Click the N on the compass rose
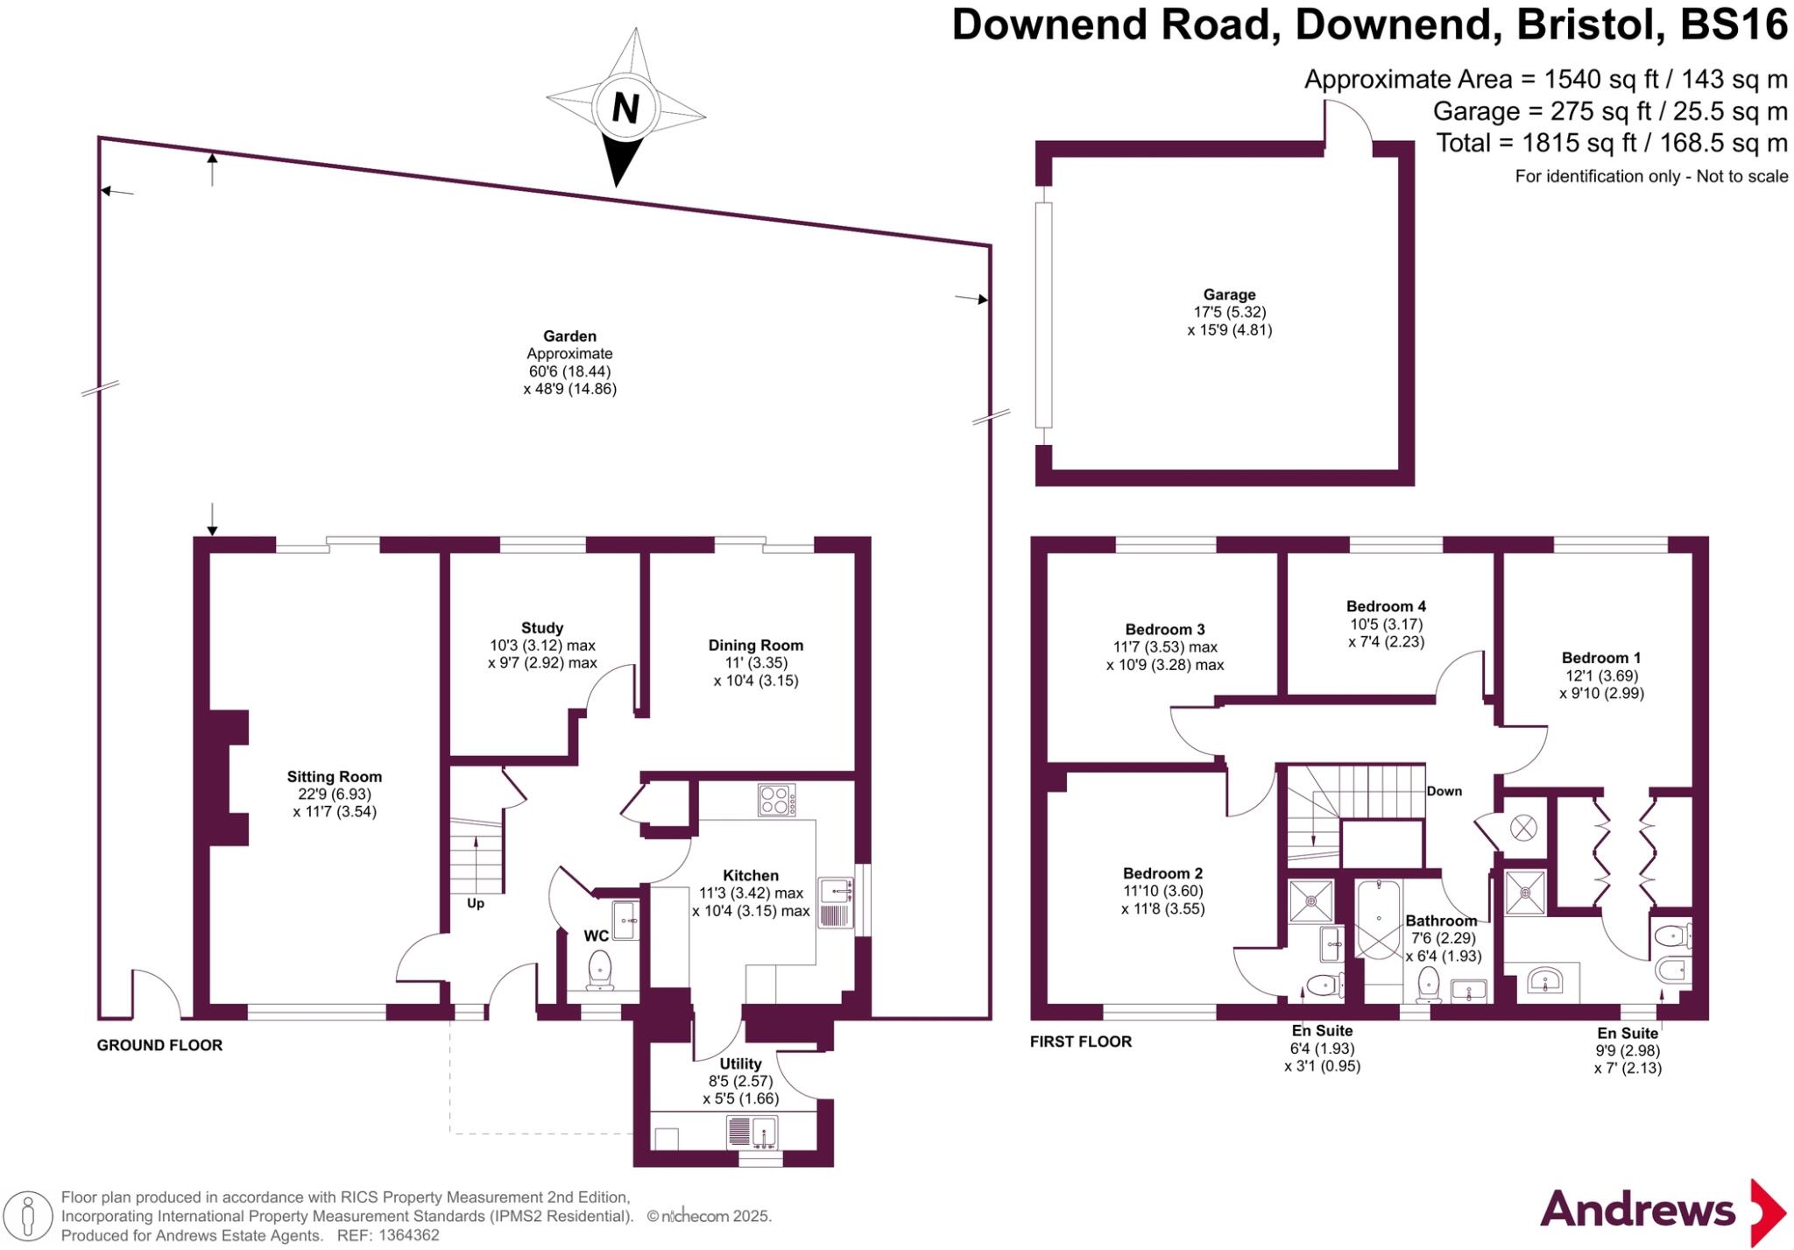[625, 108]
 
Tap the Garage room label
[1229, 295]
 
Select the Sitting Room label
[335, 776]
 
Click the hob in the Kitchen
[777, 800]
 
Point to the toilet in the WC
[600, 970]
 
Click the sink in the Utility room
[752, 1132]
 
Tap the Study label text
[542, 627]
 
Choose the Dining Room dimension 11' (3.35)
[756, 662]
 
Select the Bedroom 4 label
[1386, 606]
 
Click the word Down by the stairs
[1444, 791]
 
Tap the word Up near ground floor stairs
[475, 903]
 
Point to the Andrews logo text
[1637, 1210]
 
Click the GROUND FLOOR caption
[159, 1045]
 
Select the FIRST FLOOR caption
[1080, 1042]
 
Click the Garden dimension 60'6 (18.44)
[569, 371]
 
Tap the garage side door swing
[1349, 124]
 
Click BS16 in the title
[1734, 25]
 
